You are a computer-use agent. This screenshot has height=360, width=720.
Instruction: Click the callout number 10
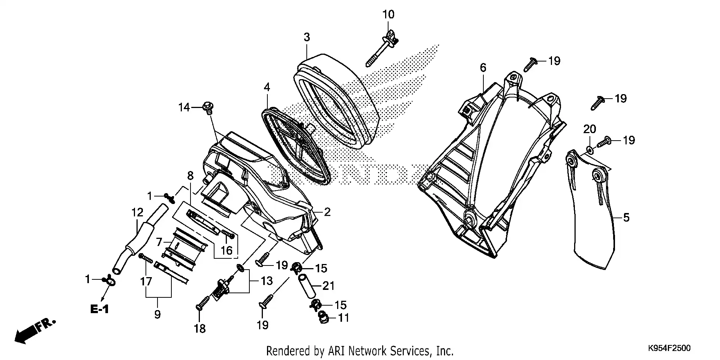click(388, 15)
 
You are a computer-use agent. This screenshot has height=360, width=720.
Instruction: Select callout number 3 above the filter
click(307, 37)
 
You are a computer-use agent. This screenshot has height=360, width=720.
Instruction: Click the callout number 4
click(267, 87)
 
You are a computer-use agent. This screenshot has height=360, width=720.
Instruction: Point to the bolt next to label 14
click(207, 107)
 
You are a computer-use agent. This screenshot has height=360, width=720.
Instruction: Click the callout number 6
click(483, 67)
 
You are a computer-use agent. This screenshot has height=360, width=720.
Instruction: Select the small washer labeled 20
click(589, 150)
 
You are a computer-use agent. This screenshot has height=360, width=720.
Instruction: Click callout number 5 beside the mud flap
click(626, 217)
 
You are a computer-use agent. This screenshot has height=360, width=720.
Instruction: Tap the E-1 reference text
click(99, 309)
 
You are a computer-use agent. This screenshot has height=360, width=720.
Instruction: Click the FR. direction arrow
click(34, 330)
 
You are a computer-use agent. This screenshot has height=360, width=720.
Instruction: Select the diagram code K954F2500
click(669, 348)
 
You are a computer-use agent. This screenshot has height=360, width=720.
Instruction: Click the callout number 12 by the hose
click(137, 213)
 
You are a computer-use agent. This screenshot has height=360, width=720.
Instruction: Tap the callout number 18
click(199, 328)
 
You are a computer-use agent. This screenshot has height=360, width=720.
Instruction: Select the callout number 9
click(157, 314)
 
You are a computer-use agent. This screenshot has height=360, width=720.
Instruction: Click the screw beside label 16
click(228, 234)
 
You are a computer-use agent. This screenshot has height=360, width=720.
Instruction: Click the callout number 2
click(327, 212)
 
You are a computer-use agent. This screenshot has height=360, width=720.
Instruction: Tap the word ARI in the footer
click(336, 351)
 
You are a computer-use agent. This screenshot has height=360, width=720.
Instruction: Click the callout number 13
click(267, 281)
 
